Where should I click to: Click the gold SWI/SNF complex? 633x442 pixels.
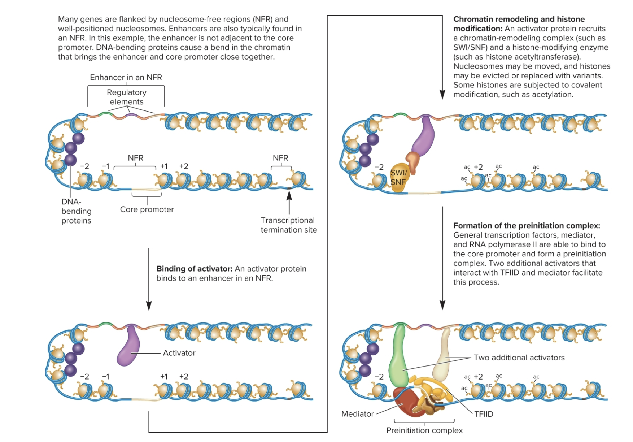(x=399, y=177)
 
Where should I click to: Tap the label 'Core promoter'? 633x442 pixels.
(x=147, y=209)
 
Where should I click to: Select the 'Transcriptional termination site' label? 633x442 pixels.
(x=289, y=225)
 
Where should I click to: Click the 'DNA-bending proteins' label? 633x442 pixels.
(x=76, y=211)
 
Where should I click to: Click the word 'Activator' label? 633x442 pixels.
(x=179, y=353)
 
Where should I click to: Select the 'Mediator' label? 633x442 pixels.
(x=357, y=414)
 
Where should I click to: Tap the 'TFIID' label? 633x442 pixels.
(x=484, y=414)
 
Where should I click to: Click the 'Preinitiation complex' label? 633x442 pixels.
(x=424, y=430)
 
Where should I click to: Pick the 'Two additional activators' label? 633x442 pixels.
(x=519, y=357)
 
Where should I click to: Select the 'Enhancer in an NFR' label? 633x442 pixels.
(x=126, y=77)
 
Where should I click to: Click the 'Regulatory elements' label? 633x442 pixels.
(x=126, y=97)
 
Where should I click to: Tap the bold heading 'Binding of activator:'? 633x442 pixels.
(x=195, y=269)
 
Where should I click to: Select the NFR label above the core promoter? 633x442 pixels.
(x=135, y=158)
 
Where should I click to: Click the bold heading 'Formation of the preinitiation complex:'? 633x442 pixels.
(x=527, y=226)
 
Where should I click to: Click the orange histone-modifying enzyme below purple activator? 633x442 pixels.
(x=413, y=161)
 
